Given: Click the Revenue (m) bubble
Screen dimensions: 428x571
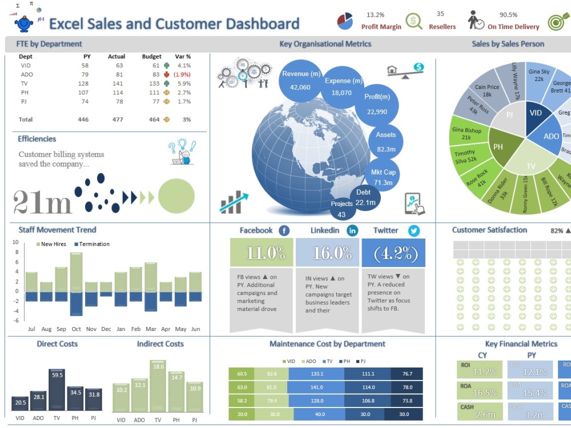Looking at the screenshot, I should point(300,80).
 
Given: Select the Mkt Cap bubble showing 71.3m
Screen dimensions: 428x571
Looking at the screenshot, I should point(383,177).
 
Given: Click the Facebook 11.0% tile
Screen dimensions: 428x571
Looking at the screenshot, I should point(261,252).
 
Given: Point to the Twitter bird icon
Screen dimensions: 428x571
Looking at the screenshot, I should point(413,231).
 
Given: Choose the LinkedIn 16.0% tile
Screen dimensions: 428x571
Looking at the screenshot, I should point(327,252).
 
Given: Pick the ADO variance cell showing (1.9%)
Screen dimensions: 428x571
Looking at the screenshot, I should point(182,75).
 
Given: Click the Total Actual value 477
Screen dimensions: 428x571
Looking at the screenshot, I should point(118,119).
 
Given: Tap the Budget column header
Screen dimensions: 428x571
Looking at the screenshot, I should point(151,56).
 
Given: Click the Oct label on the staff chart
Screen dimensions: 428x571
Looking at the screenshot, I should point(77,329).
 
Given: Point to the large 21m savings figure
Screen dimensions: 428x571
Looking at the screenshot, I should point(42,201).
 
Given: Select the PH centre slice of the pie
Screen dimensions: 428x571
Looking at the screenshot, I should point(498,147).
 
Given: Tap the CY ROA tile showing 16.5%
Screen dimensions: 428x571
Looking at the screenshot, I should point(480,390).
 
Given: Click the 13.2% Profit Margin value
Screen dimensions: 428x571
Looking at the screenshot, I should point(375,15).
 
